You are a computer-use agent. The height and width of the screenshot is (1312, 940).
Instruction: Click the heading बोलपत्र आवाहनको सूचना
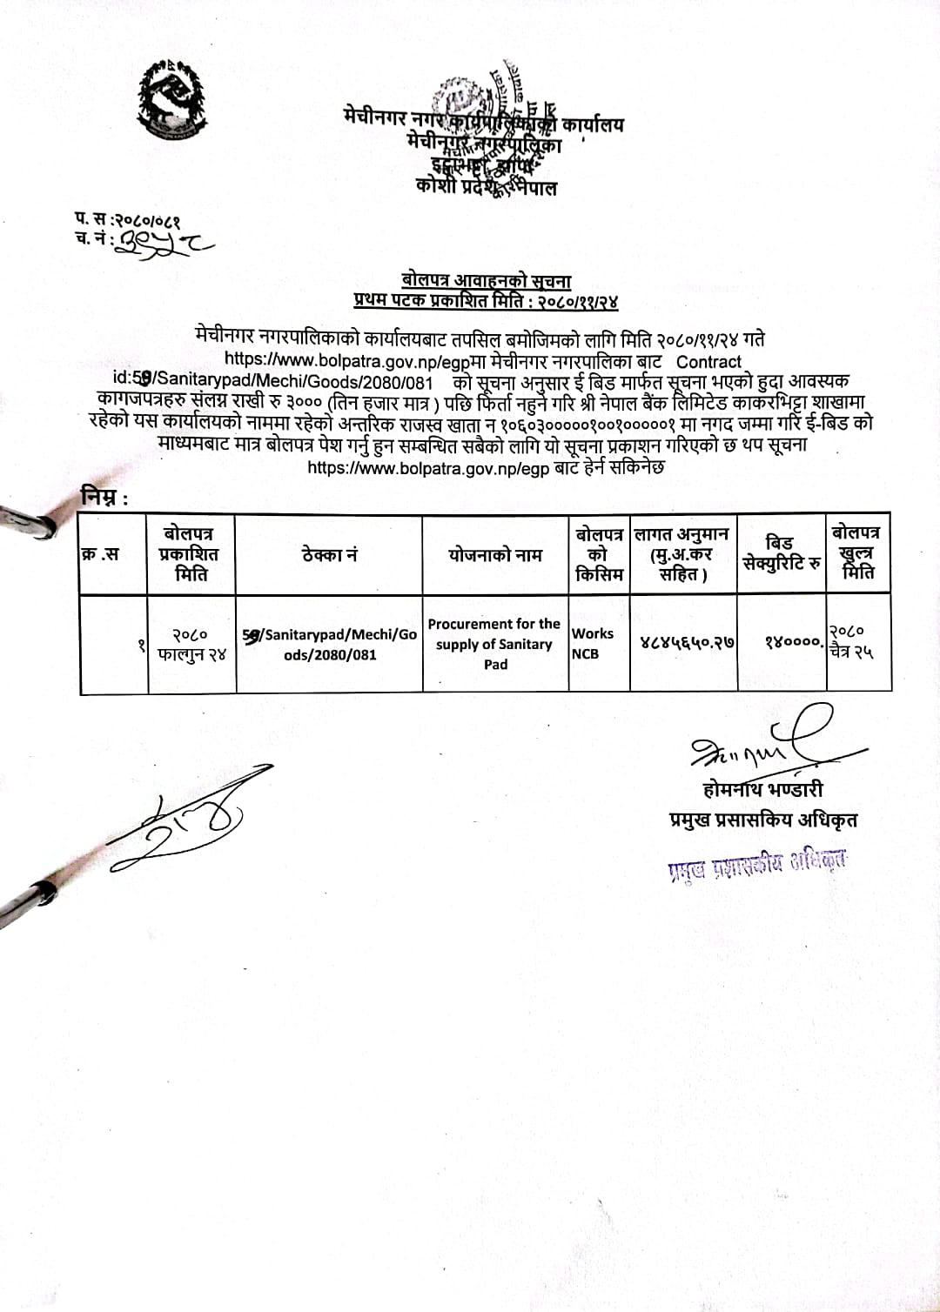coord(486,280)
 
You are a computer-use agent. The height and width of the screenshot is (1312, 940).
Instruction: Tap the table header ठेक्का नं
coord(329,554)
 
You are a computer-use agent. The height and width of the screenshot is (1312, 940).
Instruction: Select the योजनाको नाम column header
coord(495,554)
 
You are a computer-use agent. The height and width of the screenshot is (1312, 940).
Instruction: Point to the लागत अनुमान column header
coord(682,553)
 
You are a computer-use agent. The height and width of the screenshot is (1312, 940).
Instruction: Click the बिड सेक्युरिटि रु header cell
coord(781,553)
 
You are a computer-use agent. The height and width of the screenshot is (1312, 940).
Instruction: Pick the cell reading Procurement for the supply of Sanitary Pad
coord(495,644)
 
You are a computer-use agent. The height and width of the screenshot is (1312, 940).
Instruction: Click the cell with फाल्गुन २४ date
coord(191,645)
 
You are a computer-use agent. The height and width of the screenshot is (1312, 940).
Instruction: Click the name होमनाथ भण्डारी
coord(762,789)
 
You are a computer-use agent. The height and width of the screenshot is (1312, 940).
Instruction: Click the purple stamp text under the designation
coord(756,865)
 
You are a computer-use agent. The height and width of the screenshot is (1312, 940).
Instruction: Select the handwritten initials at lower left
coord(187,822)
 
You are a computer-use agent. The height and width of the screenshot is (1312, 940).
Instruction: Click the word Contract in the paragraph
coord(709,361)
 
